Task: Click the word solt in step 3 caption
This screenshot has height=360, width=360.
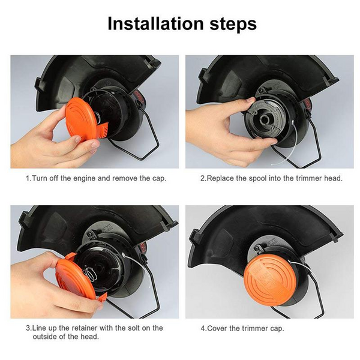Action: coord(134,328)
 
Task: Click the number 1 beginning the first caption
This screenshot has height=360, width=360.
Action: coord(27,179)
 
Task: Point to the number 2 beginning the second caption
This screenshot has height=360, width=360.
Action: coord(202,179)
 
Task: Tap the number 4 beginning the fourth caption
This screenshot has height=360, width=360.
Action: coord(202,328)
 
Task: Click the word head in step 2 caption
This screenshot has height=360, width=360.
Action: coord(332,179)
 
